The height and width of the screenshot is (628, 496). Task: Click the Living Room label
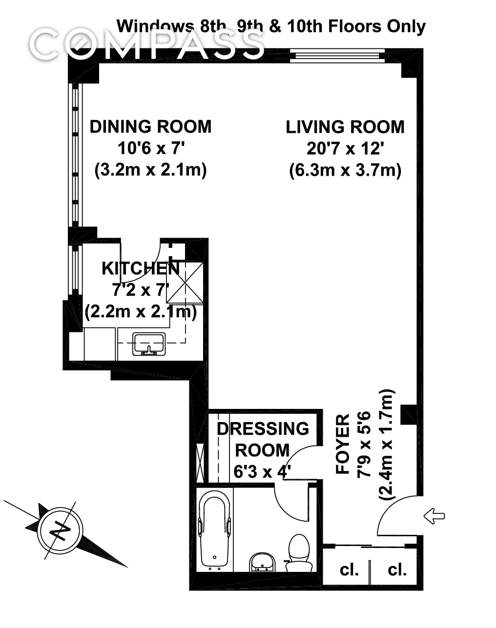click(345, 127)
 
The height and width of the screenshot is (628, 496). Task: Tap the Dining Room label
click(150, 127)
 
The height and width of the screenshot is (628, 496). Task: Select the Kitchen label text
click(141, 268)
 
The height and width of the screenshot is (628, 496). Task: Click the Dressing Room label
click(263, 440)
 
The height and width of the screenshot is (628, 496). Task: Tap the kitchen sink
click(149, 344)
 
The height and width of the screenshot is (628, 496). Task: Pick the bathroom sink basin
click(262, 562)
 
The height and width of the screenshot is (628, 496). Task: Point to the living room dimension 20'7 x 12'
click(345, 149)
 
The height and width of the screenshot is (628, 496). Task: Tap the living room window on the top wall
click(337, 56)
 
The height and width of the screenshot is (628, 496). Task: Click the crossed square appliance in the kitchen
click(185, 283)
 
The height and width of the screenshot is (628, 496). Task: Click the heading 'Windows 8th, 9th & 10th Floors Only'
click(271, 27)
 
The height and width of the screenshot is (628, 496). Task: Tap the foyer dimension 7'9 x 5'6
click(364, 445)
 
